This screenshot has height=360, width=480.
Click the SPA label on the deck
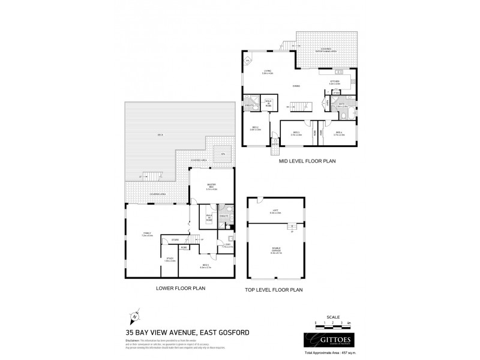coord(223,154)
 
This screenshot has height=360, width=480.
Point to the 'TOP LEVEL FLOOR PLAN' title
coord(274,289)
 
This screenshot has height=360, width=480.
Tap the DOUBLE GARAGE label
coord(275,251)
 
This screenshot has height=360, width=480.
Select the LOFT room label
coord(275,211)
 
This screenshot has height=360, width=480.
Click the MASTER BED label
coord(211,185)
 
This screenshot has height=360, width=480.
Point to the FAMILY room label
coord(147,233)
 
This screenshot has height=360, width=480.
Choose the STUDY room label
coord(169,259)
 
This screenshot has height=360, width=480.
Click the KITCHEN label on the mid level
coord(335,82)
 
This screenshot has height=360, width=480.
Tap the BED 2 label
coord(254,128)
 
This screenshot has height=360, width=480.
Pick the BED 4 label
coord(339,133)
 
